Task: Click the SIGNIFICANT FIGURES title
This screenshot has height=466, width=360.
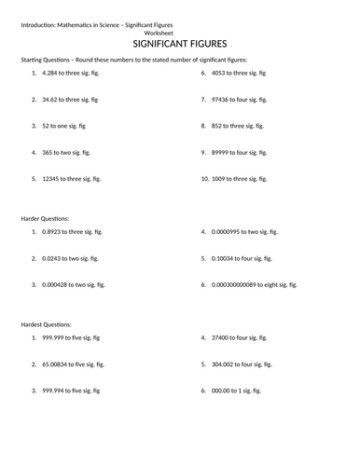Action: (181, 43)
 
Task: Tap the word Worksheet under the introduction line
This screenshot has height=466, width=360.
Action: (180, 31)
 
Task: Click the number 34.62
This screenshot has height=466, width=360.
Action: (52, 98)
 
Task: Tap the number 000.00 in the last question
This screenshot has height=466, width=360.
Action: (224, 391)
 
